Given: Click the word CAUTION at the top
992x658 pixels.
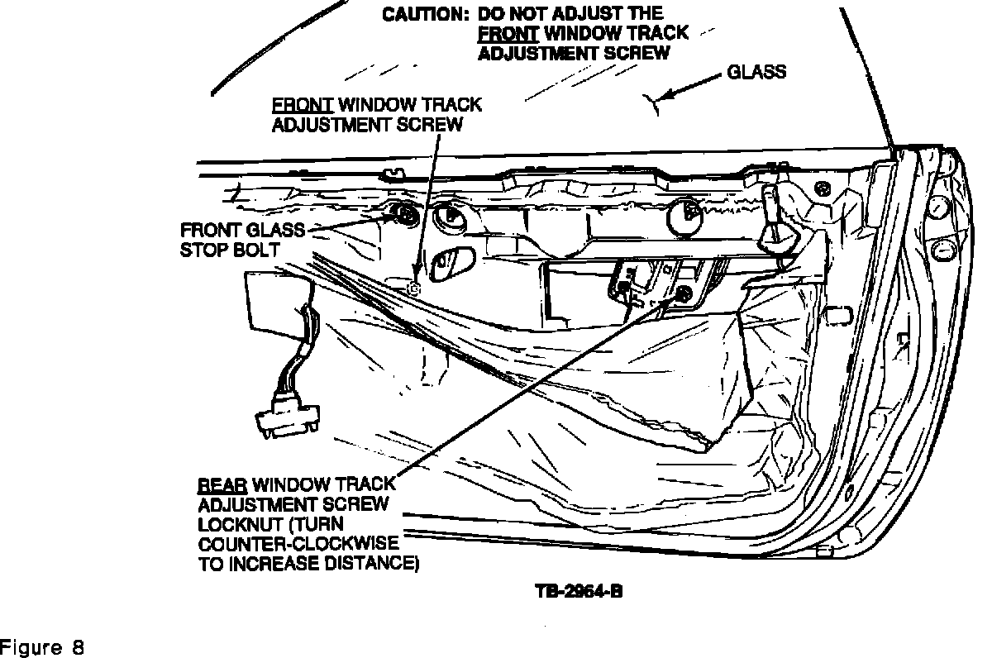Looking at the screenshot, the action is tap(425, 15).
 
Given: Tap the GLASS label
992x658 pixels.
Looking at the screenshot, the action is tap(756, 72).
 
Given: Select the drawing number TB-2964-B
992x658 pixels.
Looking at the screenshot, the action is tap(579, 591).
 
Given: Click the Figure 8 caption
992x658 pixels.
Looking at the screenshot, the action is tap(42, 648).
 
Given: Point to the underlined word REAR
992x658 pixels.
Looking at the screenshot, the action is tap(222, 485).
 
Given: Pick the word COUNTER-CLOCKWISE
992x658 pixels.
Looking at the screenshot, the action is tap(298, 544).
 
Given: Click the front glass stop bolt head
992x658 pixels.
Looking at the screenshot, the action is tap(404, 216).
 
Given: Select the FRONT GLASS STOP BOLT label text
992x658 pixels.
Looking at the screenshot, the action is tap(243, 240).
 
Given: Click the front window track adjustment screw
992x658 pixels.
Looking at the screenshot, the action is tap(414, 288).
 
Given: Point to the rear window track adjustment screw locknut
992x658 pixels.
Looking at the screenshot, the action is tap(684, 293).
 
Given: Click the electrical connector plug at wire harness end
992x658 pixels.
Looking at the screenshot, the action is tap(287, 417).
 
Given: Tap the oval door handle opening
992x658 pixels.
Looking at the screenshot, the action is tap(451, 264).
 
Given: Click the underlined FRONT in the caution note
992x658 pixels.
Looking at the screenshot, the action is tap(508, 34).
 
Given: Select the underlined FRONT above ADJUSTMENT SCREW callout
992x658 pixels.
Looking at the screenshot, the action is tap(302, 105).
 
